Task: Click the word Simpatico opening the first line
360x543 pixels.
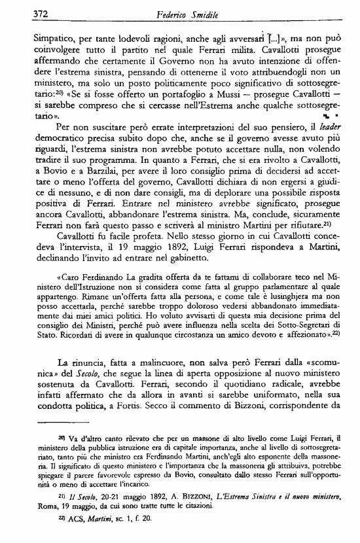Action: (x=36, y=33)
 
